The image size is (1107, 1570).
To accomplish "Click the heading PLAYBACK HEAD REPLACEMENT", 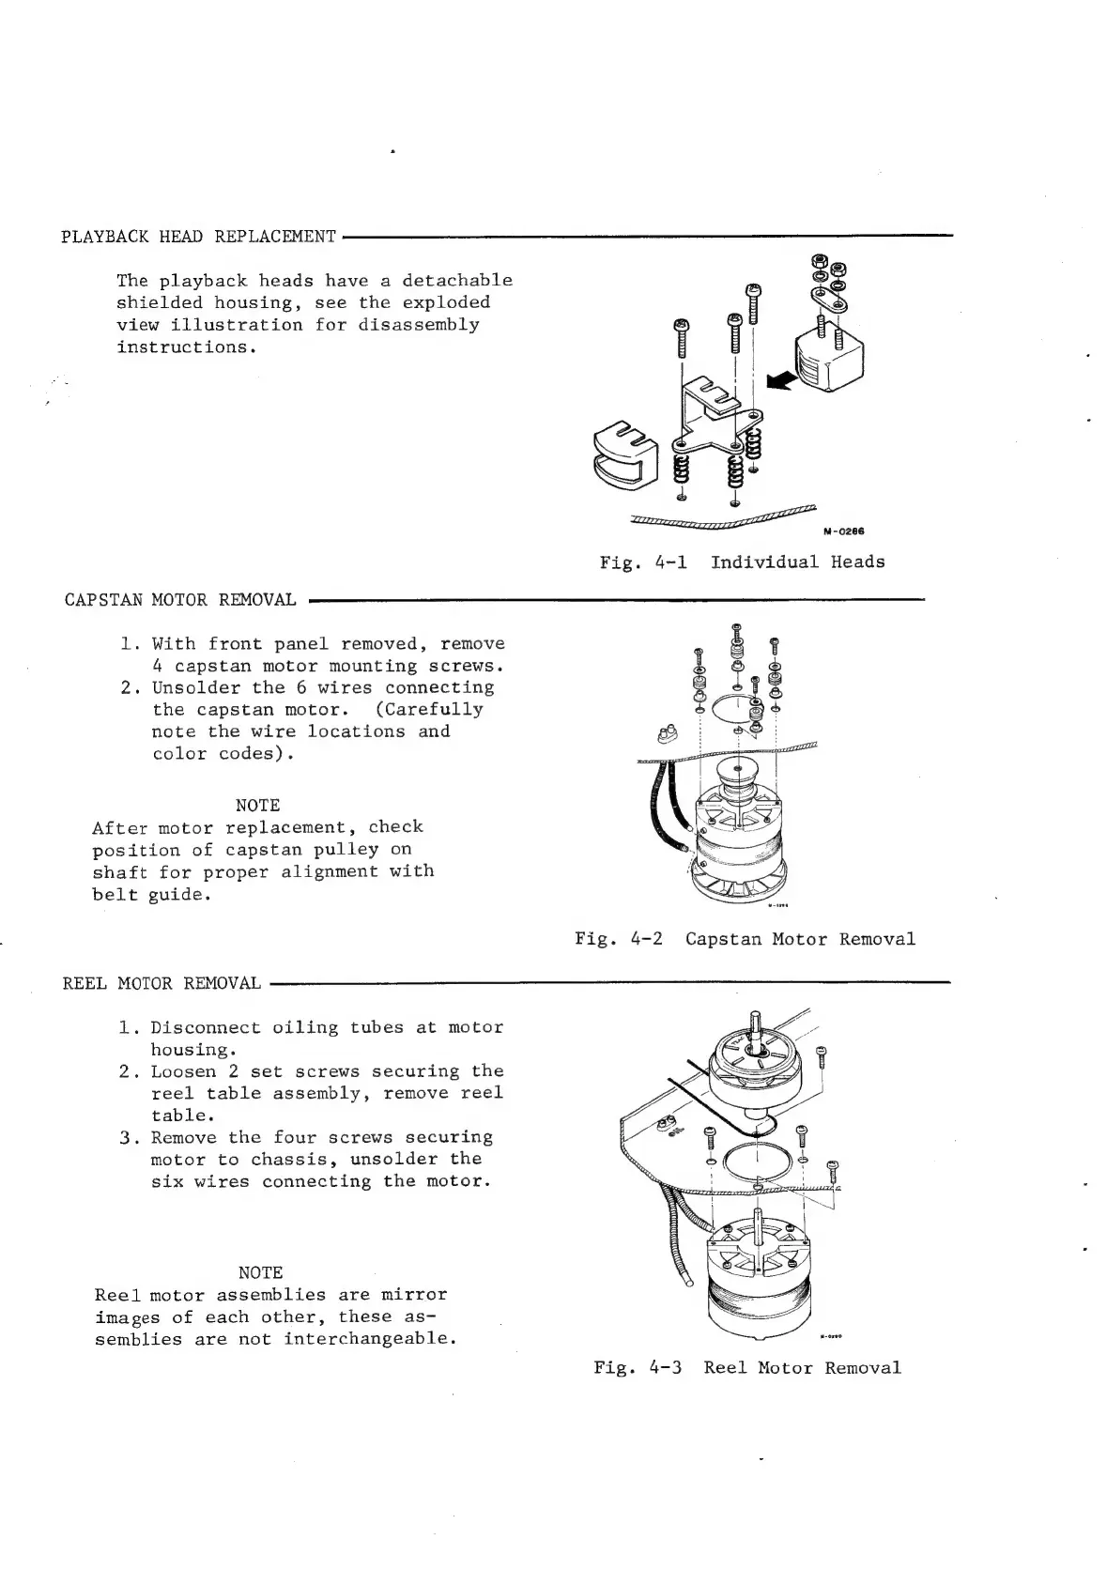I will click(198, 236).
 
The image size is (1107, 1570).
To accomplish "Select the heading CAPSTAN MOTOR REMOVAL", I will click(180, 599).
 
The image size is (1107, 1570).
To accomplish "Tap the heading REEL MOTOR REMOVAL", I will click(161, 983).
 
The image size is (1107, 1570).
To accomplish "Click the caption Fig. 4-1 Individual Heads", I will click(742, 562).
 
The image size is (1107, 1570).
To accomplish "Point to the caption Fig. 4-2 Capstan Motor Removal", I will click(745, 939).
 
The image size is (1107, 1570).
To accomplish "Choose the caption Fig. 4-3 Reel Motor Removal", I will click(746, 1367).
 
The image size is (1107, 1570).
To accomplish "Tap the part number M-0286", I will click(843, 531).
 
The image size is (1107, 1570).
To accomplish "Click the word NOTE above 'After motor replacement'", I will click(257, 805).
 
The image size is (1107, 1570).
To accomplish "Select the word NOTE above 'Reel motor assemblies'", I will click(260, 1272).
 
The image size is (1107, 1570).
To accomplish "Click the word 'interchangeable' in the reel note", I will click(369, 1338).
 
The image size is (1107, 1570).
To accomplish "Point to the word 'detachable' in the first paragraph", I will click(456, 280).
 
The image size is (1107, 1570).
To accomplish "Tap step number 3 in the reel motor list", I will click(126, 1137).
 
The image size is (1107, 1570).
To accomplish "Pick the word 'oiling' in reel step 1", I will click(305, 1027).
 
